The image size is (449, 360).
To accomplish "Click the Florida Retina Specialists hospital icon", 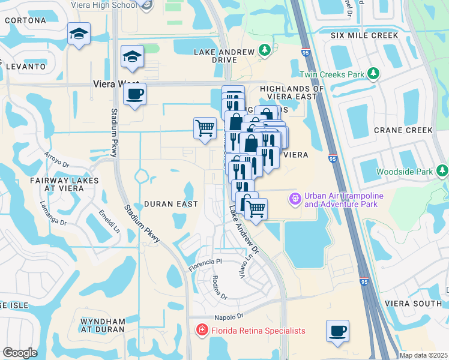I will click(202, 331).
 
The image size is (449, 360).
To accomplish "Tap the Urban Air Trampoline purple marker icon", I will click(295, 197).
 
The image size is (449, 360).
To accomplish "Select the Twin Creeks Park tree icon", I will click(374, 74).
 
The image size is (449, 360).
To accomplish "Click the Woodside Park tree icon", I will click(442, 172).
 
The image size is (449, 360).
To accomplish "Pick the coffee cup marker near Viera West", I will click(134, 94).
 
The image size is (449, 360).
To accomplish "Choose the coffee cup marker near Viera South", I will click(337, 331).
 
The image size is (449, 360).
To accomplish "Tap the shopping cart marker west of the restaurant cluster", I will click(205, 127).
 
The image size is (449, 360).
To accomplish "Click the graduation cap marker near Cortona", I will click(79, 34).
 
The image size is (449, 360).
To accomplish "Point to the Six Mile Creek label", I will click(364, 35).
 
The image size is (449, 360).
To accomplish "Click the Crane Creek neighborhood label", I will click(403, 130).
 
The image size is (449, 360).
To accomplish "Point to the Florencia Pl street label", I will click(205, 262).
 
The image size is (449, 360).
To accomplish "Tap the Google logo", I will click(20, 352).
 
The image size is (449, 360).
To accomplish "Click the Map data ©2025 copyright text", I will click(423, 355).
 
